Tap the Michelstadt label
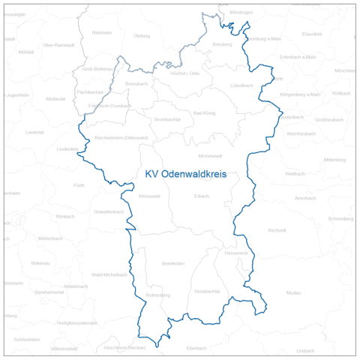(210, 155)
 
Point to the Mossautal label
(150, 196)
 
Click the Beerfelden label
(173, 263)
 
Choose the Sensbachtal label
(206, 290)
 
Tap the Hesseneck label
(235, 253)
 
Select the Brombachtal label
(166, 120)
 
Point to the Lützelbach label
(241, 85)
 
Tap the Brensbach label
(136, 83)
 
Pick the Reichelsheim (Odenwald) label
(121, 138)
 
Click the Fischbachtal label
(90, 91)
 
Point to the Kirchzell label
(277, 230)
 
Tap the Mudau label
(293, 292)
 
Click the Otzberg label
(141, 36)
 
